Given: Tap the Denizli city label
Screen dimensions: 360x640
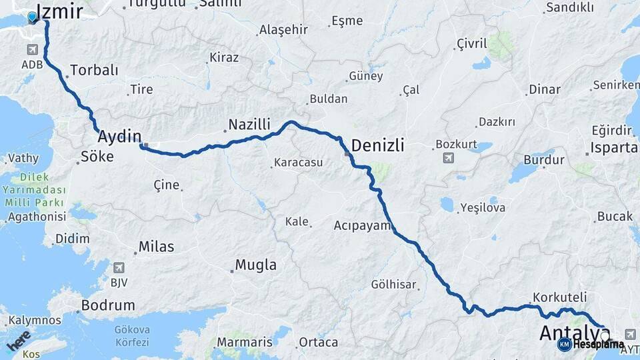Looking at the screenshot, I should coord(377,145).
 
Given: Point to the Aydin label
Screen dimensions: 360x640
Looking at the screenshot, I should coord(119,137).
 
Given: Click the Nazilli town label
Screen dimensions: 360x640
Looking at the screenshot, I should coord(249,124).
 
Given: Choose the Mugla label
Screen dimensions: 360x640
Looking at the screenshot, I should coord(255,265).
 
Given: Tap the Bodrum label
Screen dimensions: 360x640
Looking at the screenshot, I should coord(107,305).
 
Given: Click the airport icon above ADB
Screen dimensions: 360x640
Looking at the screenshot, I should coord(32,50).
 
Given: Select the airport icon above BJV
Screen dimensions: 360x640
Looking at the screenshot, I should coord(119,267).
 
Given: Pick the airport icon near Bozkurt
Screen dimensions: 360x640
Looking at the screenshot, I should coord(447,158).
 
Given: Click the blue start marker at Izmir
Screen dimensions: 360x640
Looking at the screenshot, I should coord(32,17).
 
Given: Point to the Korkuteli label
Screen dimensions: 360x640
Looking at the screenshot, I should coord(560,297).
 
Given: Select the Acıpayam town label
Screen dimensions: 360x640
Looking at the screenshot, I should coord(362,225).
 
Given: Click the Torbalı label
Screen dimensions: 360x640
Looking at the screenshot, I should coord(94,70).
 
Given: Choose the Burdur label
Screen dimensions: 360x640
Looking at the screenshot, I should coord(543,160).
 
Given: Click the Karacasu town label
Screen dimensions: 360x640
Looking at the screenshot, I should coord(298,163).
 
